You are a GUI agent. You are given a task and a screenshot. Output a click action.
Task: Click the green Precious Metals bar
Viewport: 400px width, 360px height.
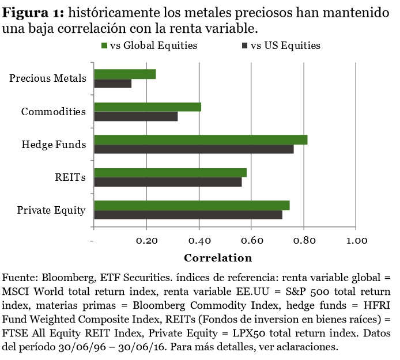(124, 74)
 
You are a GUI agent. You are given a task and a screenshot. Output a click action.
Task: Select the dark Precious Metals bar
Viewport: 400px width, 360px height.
(112, 84)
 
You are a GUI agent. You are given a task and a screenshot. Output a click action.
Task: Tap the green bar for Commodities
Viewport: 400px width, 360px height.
(148, 107)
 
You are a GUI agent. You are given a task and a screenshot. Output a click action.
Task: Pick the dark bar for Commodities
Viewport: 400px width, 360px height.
(135, 116)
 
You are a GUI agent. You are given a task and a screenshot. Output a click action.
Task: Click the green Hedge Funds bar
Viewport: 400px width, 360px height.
(201, 140)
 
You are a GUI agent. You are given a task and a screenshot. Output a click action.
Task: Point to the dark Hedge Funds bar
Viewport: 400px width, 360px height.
(194, 149)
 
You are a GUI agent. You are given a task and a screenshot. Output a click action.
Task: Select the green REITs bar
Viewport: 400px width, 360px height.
(170, 173)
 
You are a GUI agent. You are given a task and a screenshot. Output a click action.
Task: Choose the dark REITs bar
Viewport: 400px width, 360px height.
(168, 182)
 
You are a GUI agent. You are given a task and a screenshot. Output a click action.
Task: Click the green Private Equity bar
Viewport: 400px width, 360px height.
(191, 206)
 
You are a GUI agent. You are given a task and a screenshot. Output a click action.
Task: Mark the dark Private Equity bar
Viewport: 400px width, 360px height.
(188, 215)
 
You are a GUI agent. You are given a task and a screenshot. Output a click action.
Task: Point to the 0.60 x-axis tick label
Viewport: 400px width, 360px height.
(251, 240)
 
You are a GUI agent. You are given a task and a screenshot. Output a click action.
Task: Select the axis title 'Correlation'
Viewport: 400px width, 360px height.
(218, 257)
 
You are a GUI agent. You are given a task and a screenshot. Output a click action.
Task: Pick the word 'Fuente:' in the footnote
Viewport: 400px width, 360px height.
(19, 275)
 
